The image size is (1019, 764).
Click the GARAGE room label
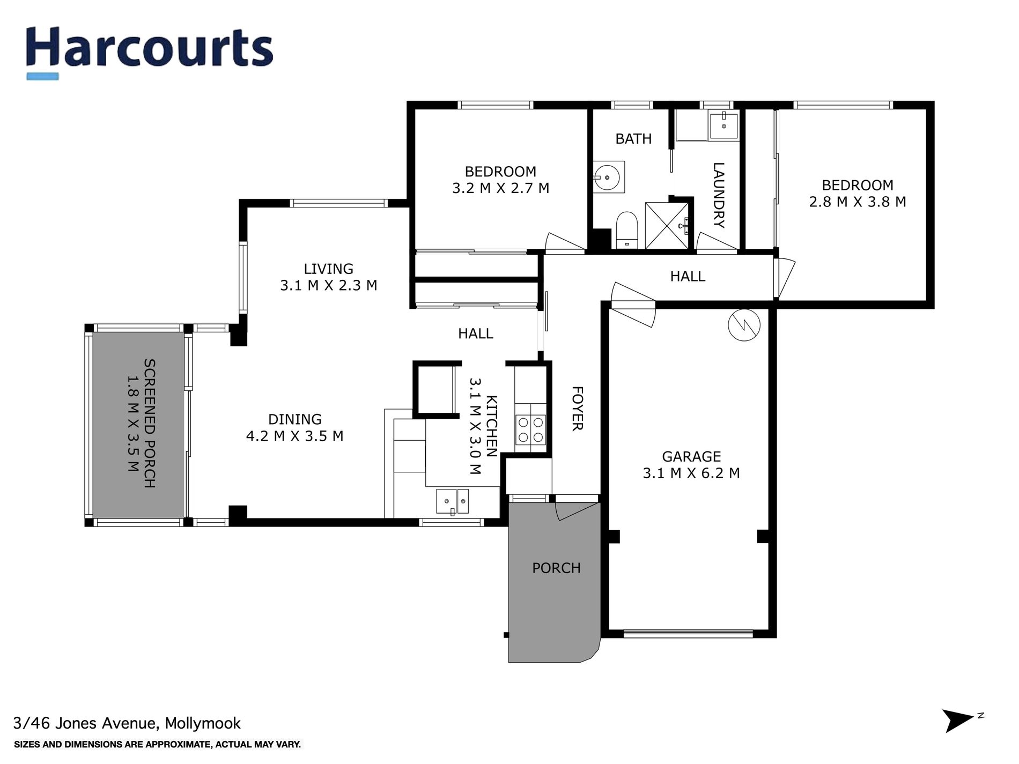[691, 457]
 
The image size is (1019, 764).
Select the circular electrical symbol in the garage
[744, 324]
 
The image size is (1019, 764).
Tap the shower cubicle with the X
[666, 225]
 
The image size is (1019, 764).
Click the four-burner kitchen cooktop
[530, 430]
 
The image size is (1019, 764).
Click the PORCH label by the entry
[556, 568]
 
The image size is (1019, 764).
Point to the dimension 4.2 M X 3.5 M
[294, 436]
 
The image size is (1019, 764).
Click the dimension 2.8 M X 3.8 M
[857, 202]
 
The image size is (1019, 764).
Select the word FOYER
[577, 408]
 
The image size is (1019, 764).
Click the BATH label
[633, 139]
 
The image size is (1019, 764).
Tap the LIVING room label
[328, 269]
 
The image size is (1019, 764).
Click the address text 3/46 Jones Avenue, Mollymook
[127, 723]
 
